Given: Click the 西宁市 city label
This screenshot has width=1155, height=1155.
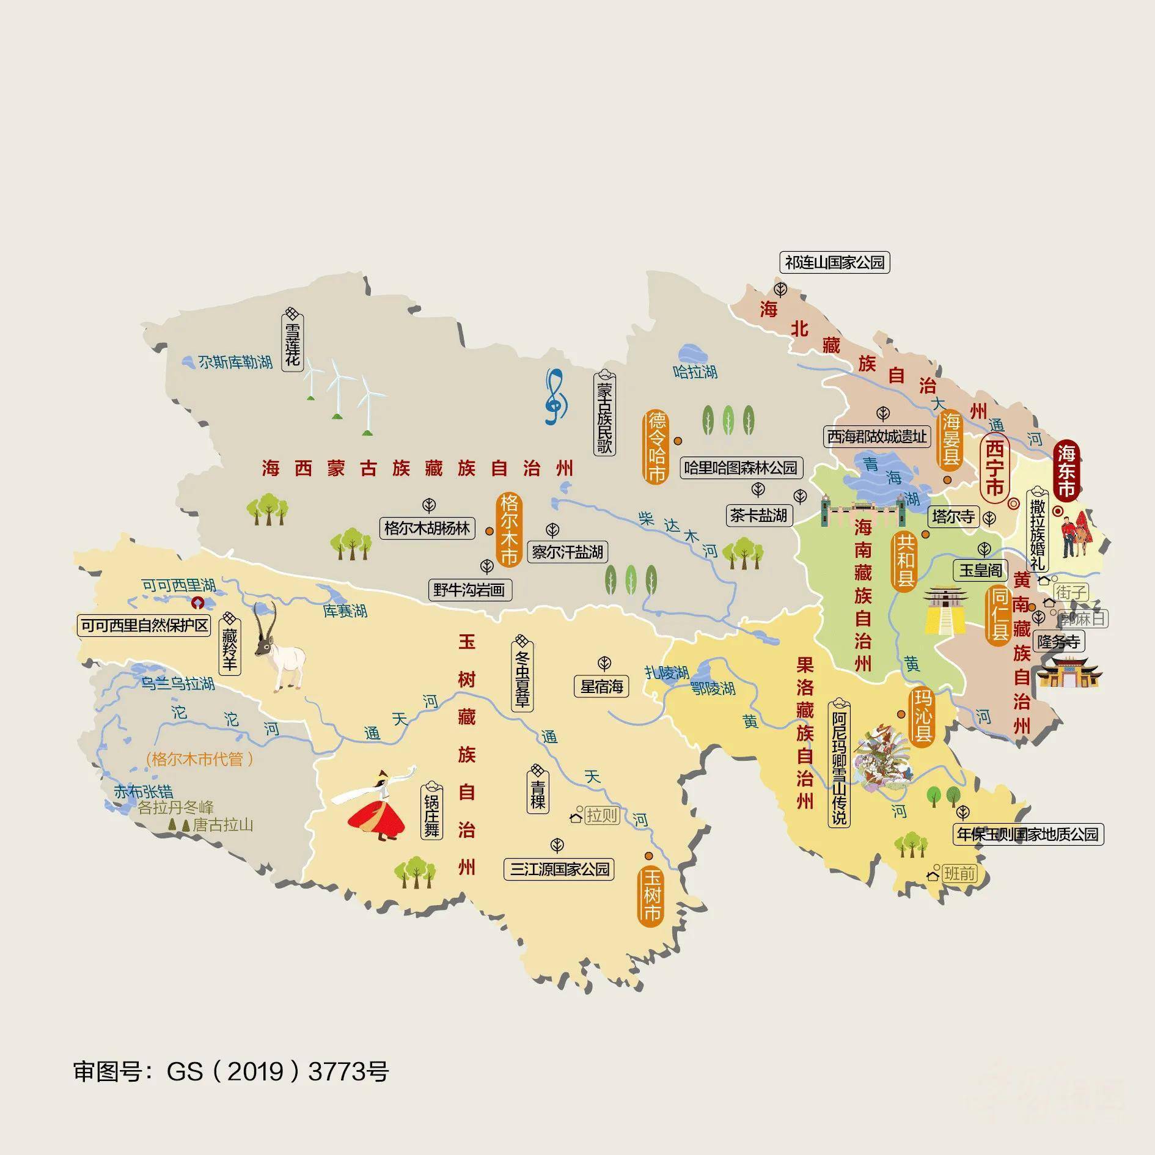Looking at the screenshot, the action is click(x=994, y=469).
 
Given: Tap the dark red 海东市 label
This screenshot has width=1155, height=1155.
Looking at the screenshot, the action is click(x=1066, y=471).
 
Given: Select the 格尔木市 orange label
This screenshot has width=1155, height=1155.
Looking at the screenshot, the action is click(x=509, y=529).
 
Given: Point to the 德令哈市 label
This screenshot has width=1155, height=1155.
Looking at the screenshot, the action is click(x=657, y=447).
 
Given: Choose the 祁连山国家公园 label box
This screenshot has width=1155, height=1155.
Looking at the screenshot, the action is click(x=835, y=263).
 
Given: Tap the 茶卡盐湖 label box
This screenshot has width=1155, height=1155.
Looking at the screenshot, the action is click(x=758, y=515).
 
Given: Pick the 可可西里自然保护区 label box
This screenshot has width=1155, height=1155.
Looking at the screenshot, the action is click(x=145, y=625).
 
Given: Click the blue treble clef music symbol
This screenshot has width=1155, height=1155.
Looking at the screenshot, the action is click(x=555, y=397).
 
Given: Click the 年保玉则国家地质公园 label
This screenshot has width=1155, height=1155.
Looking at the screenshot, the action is click(x=1028, y=834).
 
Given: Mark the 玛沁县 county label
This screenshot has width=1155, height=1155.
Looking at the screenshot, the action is click(x=922, y=716).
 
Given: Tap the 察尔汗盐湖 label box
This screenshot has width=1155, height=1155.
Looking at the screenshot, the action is click(x=567, y=552).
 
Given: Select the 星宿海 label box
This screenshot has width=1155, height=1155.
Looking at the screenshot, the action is click(x=601, y=686).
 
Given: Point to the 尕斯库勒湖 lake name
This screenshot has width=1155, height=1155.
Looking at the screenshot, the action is click(x=235, y=362).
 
